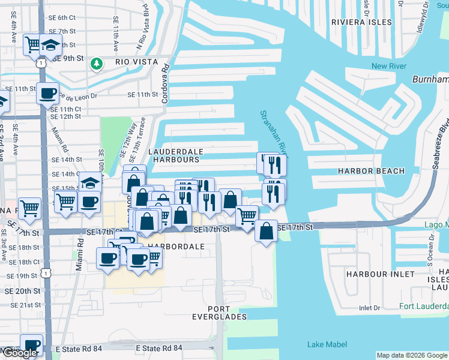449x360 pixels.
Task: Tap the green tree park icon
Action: click(95, 62)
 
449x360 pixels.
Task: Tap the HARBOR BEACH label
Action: click(371, 171)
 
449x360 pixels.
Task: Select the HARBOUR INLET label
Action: click(380, 274)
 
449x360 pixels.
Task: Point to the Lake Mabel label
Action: click(324, 344)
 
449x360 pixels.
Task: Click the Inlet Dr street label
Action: click(370, 308)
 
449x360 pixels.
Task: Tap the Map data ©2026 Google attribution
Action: click(412, 355)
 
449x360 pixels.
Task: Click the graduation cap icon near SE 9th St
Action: click(52, 45)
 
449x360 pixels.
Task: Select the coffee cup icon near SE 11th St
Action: click(47, 93)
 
